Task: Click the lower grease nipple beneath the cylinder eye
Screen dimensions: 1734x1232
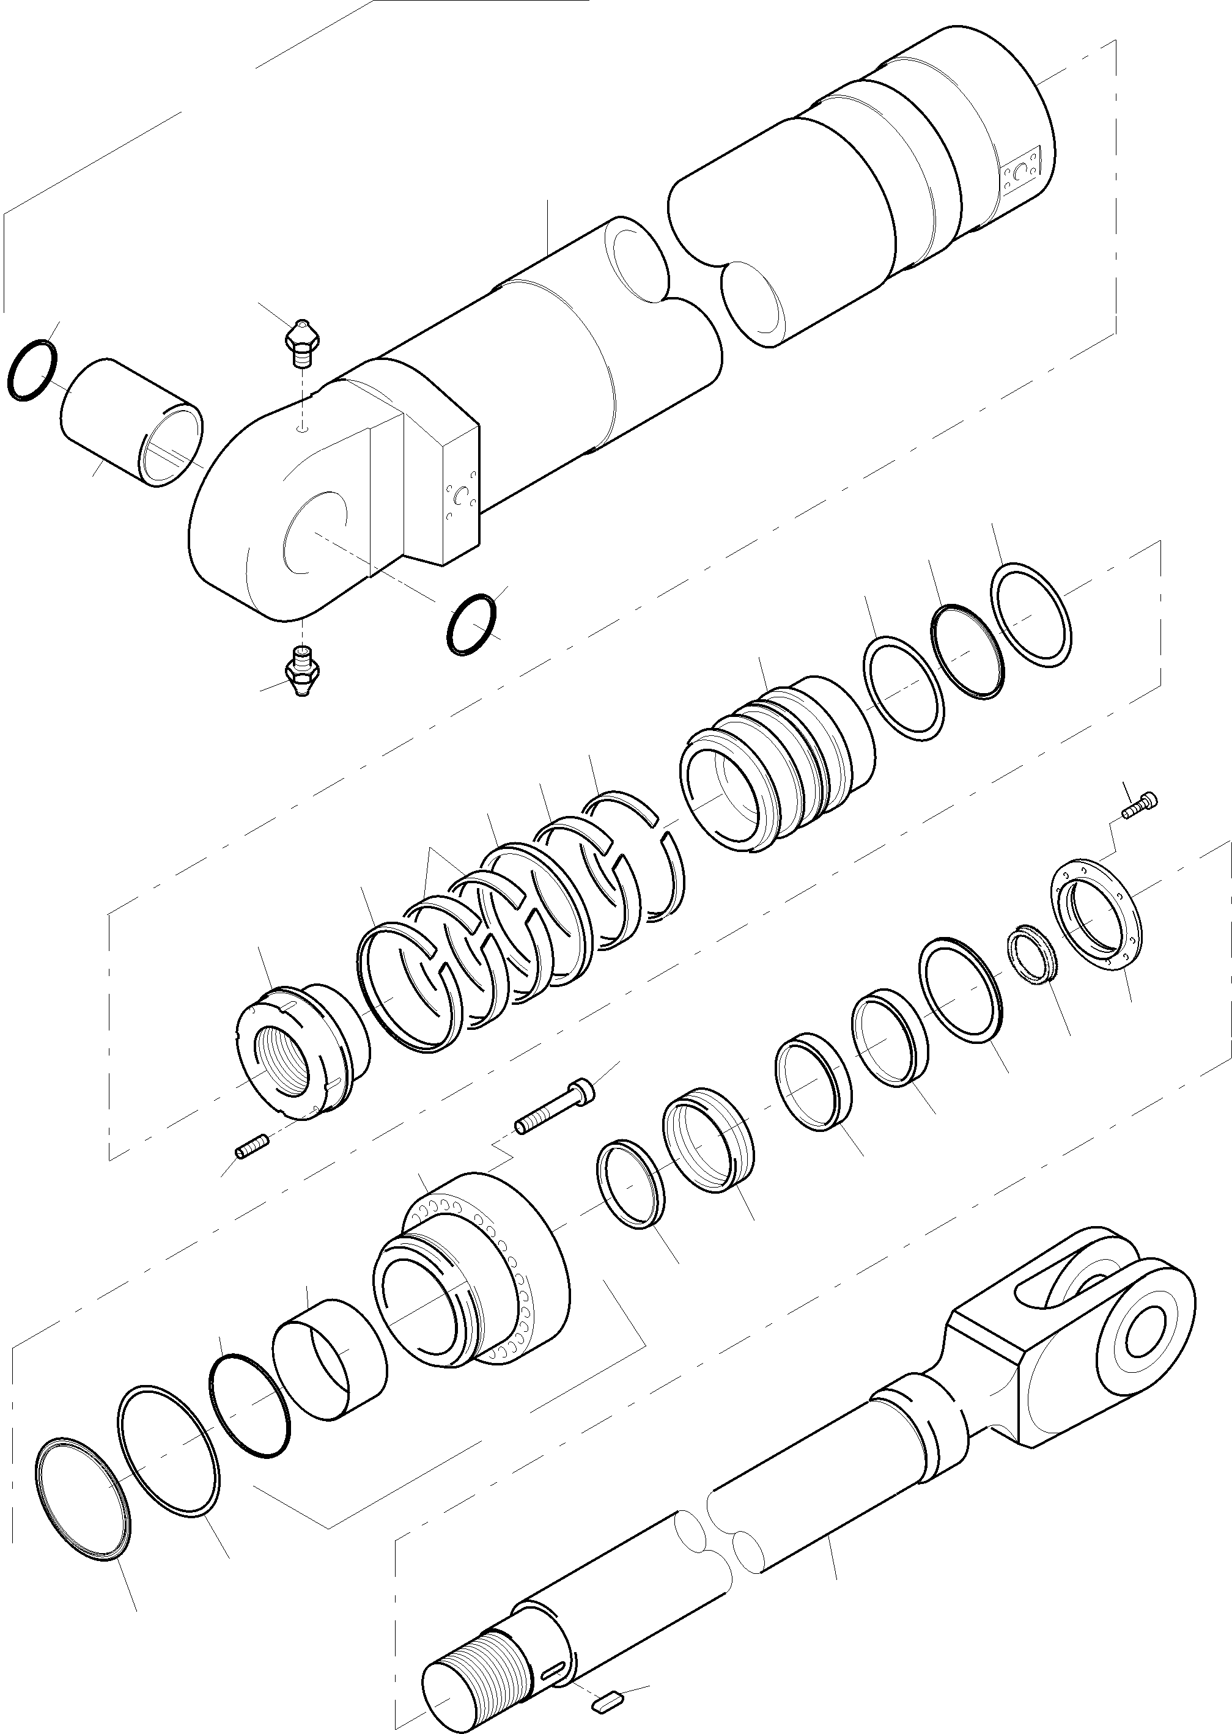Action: coord(303,667)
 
